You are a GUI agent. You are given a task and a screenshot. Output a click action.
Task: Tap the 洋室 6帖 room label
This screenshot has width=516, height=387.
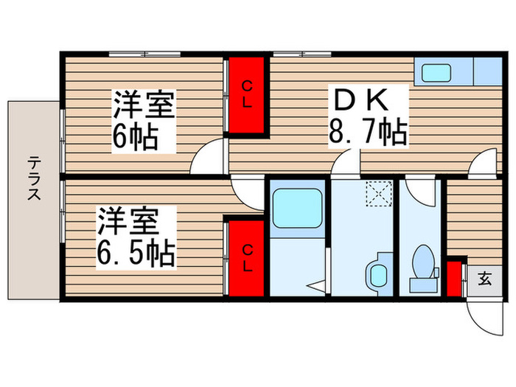(143, 121)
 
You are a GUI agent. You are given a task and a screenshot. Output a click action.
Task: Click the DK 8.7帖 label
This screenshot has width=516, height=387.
(367, 116)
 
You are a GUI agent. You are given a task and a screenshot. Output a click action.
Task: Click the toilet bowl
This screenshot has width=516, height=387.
(423, 264)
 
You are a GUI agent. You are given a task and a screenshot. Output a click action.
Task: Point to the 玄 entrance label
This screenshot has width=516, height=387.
(484, 279)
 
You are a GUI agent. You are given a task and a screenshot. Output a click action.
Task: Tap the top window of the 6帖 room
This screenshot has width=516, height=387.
(144, 54)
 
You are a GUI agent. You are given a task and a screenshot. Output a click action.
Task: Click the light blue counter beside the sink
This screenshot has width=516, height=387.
(487, 73)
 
